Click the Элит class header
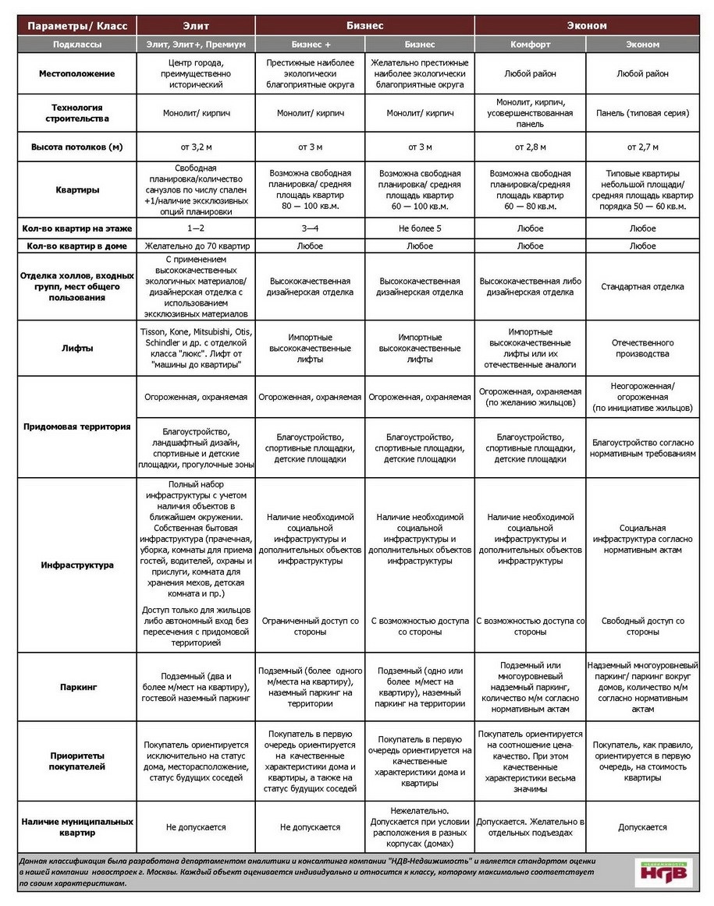click(195, 26)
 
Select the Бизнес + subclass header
click(311, 44)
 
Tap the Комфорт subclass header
click(530, 44)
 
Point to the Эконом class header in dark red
click(588, 26)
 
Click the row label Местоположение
click(77, 74)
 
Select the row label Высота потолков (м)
click(77, 147)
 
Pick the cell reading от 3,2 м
click(195, 147)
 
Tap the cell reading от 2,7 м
click(642, 147)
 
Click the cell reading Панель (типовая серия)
click(642, 113)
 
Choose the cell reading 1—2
click(195, 228)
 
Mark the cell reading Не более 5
click(420, 228)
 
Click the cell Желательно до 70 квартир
click(195, 246)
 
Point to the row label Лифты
click(77, 349)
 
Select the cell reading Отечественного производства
click(642, 349)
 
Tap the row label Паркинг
click(77, 688)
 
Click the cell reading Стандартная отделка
click(642, 287)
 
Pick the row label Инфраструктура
click(77, 565)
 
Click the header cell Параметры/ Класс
click(77, 26)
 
